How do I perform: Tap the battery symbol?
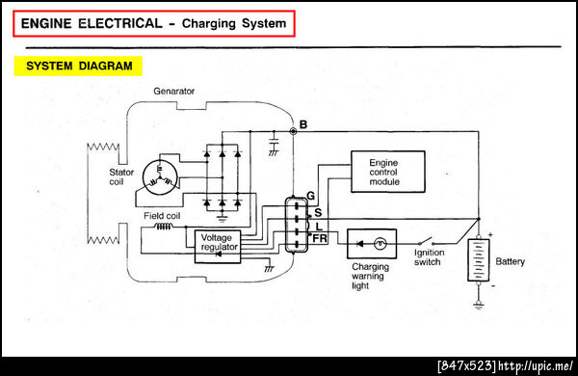[x=479, y=260]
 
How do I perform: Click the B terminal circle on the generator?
[x=293, y=131]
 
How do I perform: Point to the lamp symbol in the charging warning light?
[x=380, y=244]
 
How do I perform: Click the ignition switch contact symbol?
[x=427, y=241]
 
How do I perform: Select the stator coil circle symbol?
[x=160, y=178]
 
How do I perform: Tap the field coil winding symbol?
[x=164, y=226]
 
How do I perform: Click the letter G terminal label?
[x=311, y=196]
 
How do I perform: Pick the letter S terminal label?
[x=318, y=212]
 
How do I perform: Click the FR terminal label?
[x=320, y=239]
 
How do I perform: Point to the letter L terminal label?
[x=319, y=227]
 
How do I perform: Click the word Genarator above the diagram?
[x=173, y=92]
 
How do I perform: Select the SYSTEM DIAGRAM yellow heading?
[x=78, y=67]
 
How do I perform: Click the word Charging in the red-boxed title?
[x=209, y=23]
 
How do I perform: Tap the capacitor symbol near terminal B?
[x=274, y=142]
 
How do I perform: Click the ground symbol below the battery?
[x=479, y=305]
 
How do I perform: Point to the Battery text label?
[x=510, y=261]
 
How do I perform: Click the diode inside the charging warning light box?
[x=359, y=244]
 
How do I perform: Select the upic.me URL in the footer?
[x=536, y=365]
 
